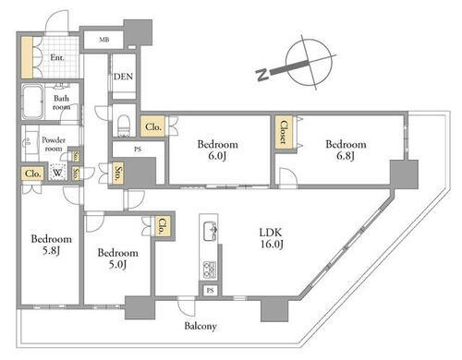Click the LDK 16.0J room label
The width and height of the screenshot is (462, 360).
coord(271,238)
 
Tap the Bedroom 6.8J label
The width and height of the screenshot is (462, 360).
coord(346,150)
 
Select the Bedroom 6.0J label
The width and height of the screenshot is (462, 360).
coord(217,150)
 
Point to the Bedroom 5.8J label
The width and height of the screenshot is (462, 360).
coord(52,245)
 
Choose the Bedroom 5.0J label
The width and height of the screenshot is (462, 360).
coord(118,258)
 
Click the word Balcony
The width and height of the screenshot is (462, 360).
coord(201,326)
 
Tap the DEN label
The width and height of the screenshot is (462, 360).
coord(123,77)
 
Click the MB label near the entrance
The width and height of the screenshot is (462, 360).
coord(104,40)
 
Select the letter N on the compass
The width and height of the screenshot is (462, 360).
coord(262,75)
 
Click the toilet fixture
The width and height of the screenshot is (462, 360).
coord(124,124)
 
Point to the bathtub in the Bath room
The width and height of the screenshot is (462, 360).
coord(32,101)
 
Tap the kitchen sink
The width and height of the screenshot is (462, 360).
coord(210,231)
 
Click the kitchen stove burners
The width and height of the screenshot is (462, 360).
coord(210,270)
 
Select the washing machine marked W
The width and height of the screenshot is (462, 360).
coord(57,173)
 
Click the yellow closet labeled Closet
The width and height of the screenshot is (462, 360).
coord(284,132)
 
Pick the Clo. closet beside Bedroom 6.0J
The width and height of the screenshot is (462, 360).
coord(152,126)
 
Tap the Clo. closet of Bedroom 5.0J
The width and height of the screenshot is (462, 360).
coord(162,227)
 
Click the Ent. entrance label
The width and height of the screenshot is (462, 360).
coord(57,57)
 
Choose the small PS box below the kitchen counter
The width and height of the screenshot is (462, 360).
coord(210,290)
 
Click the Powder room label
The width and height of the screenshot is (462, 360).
coord(54,144)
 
